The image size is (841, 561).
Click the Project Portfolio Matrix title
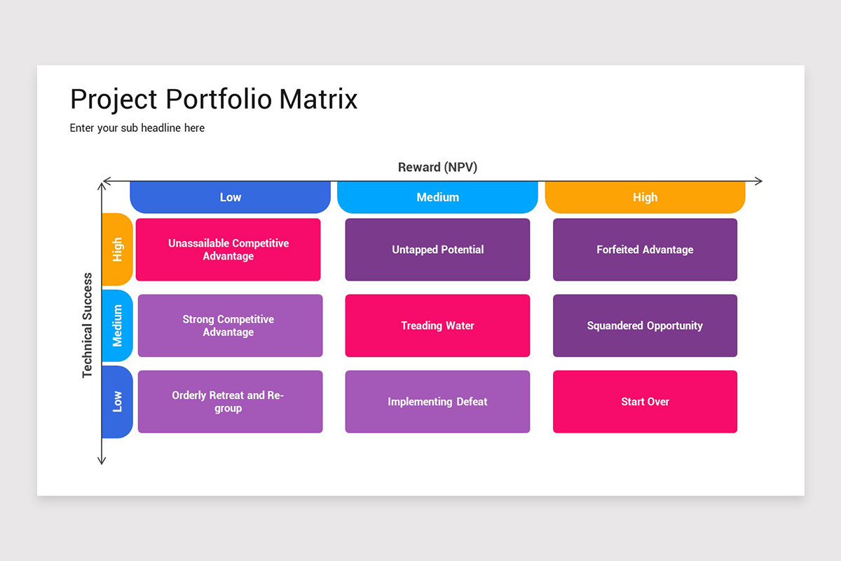click(214, 100)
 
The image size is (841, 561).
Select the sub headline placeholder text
click(137, 128)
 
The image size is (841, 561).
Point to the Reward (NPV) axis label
click(437, 167)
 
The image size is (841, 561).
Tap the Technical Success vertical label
click(88, 325)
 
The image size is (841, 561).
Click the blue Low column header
click(230, 197)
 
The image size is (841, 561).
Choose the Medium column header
click(437, 197)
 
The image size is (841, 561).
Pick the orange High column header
click(645, 197)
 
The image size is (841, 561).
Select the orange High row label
click(117, 250)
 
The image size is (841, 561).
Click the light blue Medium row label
click(117, 325)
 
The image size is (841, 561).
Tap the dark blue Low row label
click(117, 402)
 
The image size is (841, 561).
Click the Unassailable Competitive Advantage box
click(228, 250)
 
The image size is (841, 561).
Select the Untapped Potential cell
click(437, 250)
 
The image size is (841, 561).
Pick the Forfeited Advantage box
click(645, 250)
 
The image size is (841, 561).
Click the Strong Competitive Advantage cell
click(230, 325)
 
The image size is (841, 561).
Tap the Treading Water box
click(437, 325)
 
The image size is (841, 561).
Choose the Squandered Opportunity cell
click(645, 325)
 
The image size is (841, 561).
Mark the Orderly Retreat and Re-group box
click(230, 402)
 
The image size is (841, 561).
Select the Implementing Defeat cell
click(437, 402)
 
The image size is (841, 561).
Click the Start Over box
click(645, 402)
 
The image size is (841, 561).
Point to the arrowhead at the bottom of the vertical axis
click(102, 461)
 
